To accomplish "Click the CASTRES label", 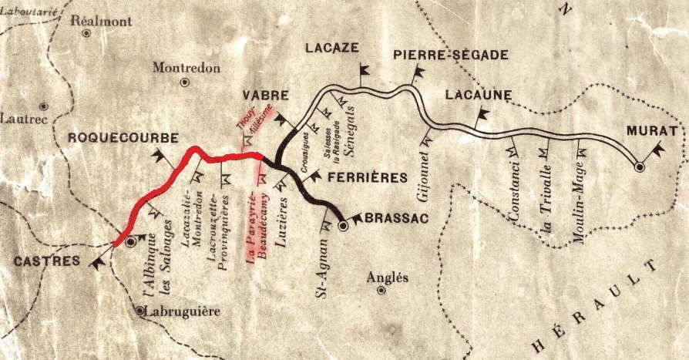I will pos(46,261).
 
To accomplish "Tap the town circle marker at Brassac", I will pos(344,227).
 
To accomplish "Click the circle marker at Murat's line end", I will pos(639,166).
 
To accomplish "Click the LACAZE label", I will pos(332,47).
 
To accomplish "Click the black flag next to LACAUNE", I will pos(484,116).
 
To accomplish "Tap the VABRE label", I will pos(265,96).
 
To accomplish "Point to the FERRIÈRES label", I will pos(367,178).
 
